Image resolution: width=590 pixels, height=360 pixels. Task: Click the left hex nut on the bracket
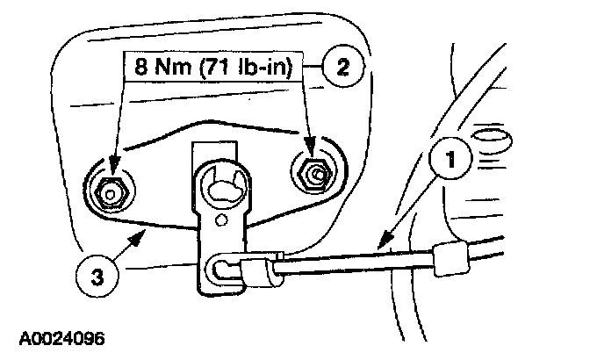tap(109, 189)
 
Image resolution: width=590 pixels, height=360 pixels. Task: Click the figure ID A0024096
tap(61, 335)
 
